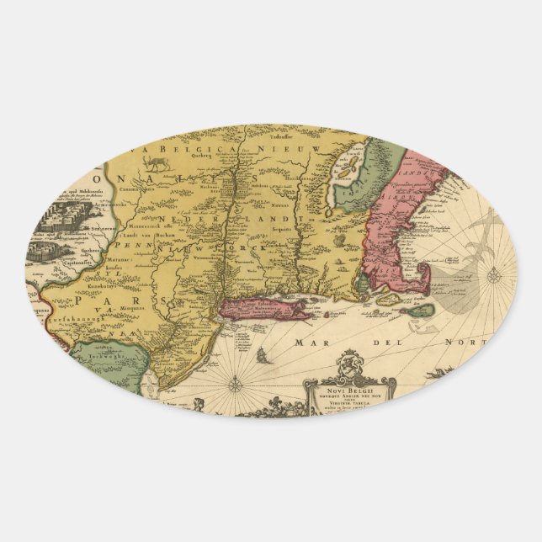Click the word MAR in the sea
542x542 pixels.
[311, 343]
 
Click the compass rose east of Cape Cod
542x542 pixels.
[494, 274]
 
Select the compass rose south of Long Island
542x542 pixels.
[236, 384]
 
